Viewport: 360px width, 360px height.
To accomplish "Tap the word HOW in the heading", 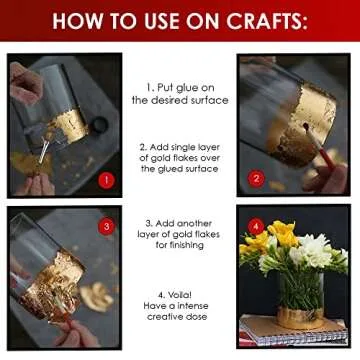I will [72, 20].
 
